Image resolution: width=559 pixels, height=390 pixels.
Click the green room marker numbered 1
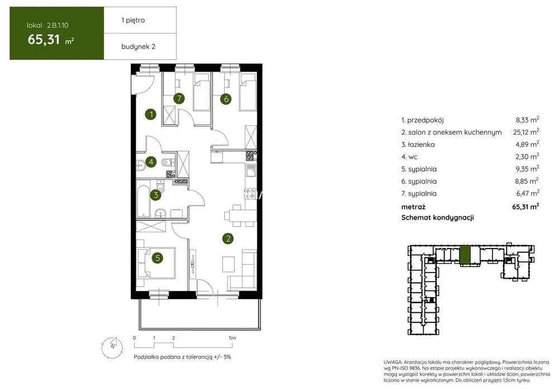coord(151,114)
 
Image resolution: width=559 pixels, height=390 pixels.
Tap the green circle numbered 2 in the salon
coord(228,239)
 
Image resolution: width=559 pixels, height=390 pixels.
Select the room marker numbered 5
coord(157,258)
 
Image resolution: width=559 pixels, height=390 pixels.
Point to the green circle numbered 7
coord(179,98)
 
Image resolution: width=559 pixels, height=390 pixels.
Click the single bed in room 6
coord(248,92)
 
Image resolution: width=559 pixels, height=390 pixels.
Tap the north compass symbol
coord(112,347)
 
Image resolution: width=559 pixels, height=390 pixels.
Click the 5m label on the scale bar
coord(232,337)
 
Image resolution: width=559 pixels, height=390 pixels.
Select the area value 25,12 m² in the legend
coord(526,132)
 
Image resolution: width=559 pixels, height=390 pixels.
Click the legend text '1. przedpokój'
coord(423,120)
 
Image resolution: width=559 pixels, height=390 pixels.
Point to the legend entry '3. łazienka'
coord(418,144)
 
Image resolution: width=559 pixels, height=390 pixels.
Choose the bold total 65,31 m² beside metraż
coord(525,206)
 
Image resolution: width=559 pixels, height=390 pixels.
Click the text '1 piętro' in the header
coord(133,20)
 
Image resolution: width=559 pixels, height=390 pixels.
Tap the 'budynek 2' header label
coord(138,47)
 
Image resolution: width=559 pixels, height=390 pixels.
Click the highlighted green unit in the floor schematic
coord(465,255)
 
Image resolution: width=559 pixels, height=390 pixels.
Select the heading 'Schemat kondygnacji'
coord(438,217)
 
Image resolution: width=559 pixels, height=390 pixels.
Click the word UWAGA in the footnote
coord(393,362)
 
